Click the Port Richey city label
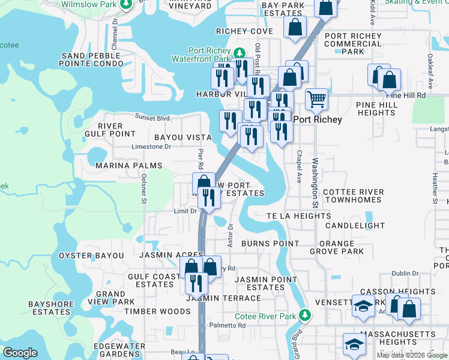point(318,119)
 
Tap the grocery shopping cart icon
point(316,99)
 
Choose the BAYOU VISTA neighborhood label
point(182,137)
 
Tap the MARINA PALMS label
point(128,166)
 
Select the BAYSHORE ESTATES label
point(52,308)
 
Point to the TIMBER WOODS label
point(149,311)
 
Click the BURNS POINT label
point(270,244)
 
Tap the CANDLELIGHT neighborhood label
point(355,226)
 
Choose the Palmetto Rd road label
point(228,326)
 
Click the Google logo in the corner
point(20,353)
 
